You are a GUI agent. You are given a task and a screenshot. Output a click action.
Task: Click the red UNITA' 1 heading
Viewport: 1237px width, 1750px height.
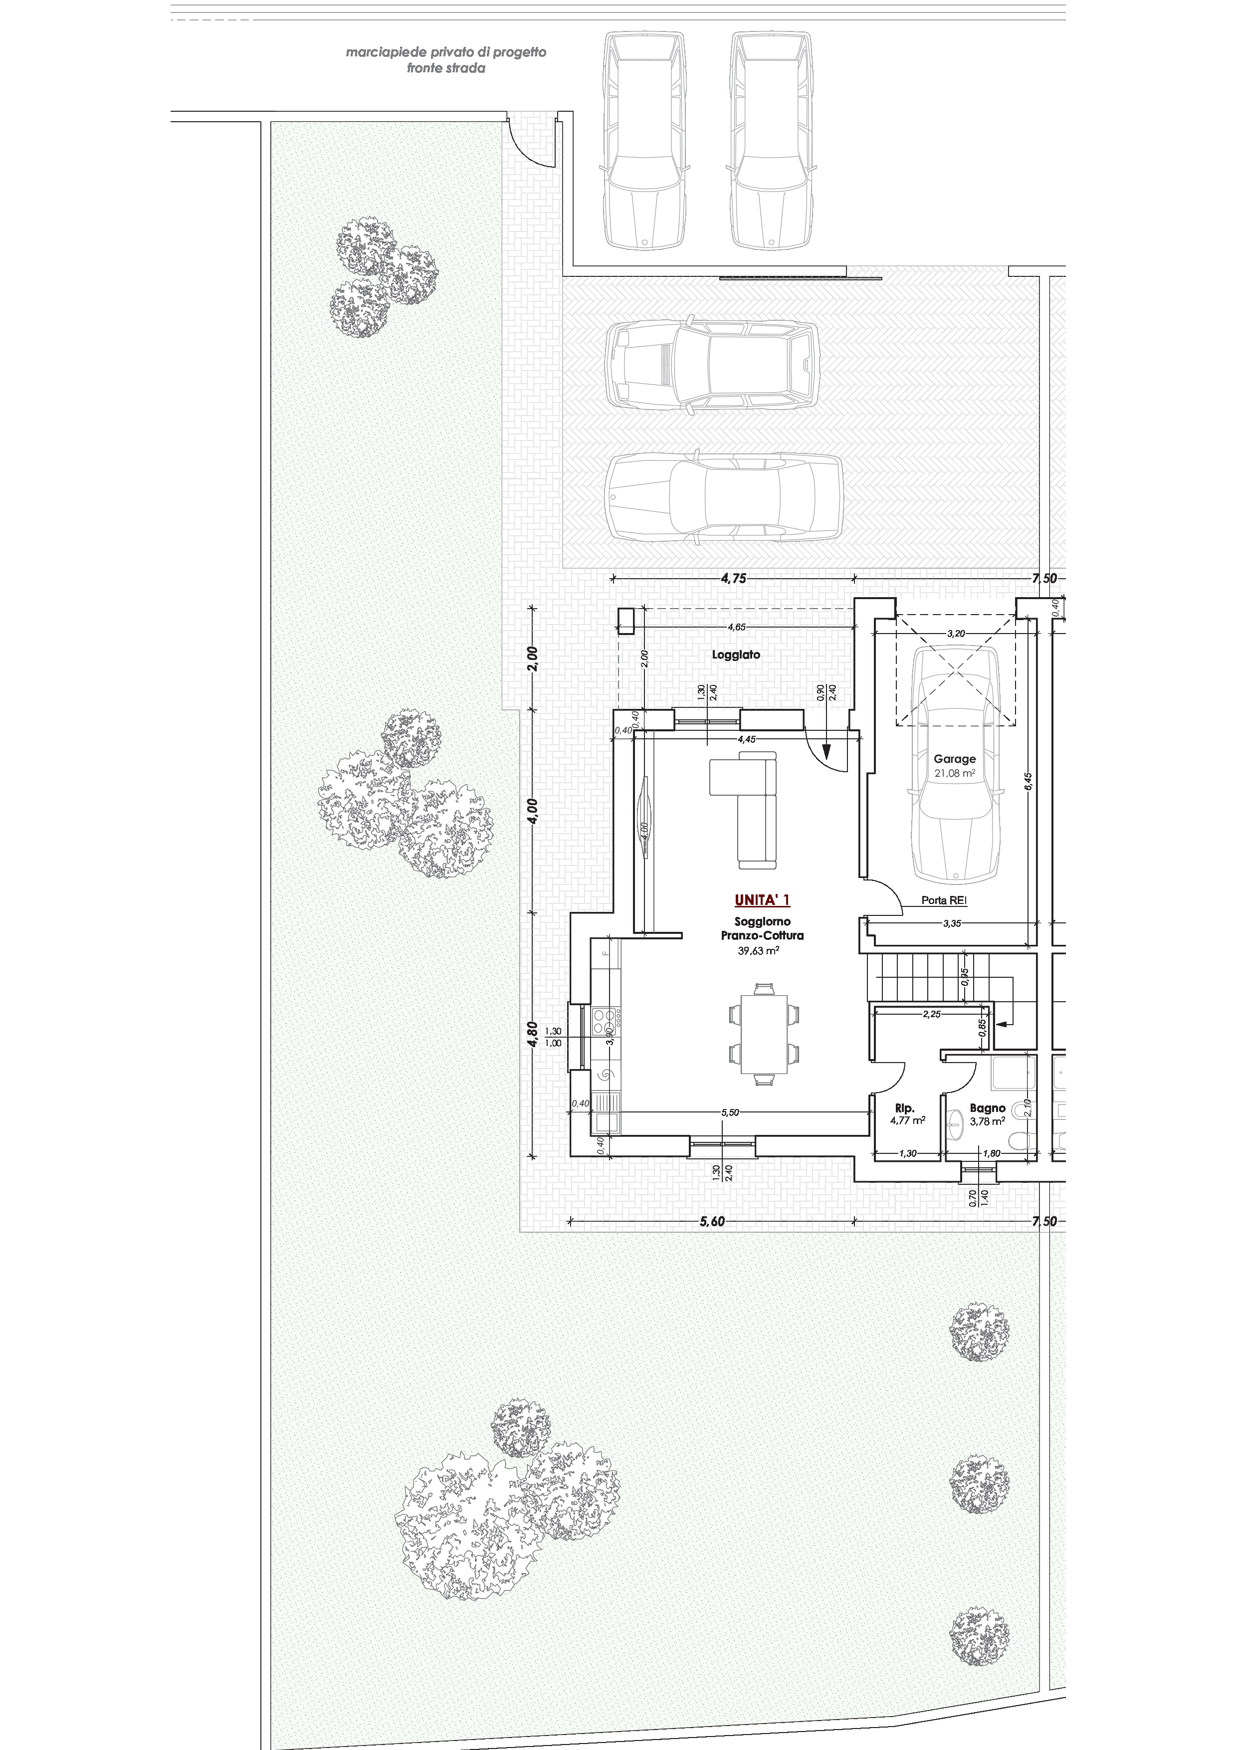click(x=762, y=900)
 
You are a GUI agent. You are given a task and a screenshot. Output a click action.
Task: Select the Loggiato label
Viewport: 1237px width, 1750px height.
click(x=736, y=654)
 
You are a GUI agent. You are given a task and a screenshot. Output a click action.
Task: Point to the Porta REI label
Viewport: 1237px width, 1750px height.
click(x=944, y=900)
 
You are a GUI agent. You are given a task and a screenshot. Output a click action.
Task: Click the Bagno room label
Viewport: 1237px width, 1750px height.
click(x=987, y=1108)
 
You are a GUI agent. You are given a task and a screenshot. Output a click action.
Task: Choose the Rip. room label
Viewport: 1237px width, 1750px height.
click(x=905, y=1108)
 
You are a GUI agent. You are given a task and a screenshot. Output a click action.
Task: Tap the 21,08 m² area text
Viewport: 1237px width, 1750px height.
click(x=955, y=773)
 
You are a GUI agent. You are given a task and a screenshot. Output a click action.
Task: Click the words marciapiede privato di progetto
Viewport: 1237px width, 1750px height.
click(x=446, y=52)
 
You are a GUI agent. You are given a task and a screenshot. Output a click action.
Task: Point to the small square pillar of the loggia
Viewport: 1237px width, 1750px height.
click(x=626, y=621)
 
